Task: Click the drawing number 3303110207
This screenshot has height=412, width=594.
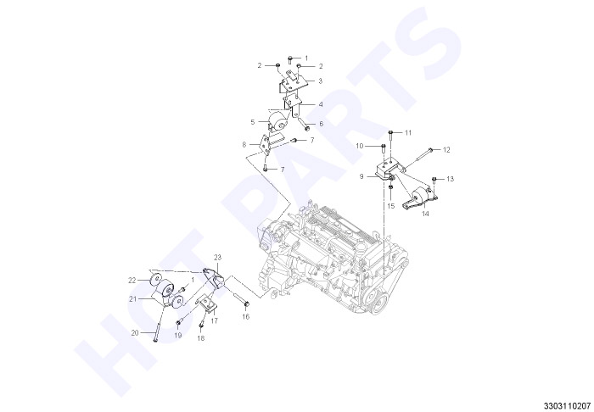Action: point(567,406)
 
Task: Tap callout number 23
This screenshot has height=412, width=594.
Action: point(217,258)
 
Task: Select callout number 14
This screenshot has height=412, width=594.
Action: point(425,214)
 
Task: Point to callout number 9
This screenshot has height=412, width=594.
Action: point(361,176)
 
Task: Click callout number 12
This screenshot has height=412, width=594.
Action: point(446,150)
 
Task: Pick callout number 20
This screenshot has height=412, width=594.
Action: point(135,333)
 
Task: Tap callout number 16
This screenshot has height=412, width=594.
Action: point(246,317)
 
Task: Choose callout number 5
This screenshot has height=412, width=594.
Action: point(253,122)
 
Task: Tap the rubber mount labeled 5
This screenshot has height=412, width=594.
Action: point(277,120)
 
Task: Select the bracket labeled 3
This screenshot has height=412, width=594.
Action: point(291,82)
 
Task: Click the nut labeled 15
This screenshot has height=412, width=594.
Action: point(390,187)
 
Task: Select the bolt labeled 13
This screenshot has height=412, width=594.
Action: point(434,181)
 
